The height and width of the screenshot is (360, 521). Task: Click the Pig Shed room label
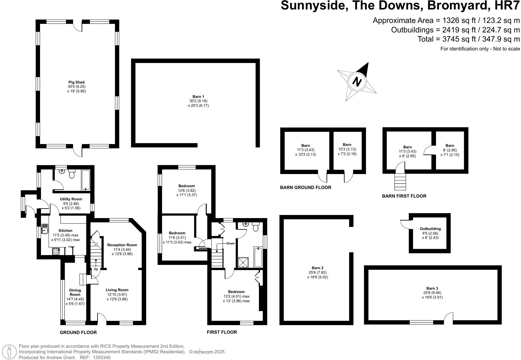coord(76,82)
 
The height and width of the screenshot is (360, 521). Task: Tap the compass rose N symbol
coord(357,81)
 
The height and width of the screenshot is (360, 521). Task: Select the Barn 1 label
coord(198,97)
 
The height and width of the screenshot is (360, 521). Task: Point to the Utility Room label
coord(71,199)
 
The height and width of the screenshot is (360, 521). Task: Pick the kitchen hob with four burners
coord(56,251)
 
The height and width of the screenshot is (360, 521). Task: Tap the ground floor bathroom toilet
coord(72,174)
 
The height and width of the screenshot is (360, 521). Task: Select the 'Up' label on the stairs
coord(96,269)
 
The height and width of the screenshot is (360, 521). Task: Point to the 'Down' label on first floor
coord(231,243)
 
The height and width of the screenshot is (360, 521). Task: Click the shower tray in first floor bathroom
coord(244,262)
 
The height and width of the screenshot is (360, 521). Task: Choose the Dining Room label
coord(75,292)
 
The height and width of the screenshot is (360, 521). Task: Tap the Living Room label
coord(117,290)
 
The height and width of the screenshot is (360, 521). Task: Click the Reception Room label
coord(122,245)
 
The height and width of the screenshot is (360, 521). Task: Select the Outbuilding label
coord(430,229)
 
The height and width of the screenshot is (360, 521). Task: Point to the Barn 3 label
coord(432,288)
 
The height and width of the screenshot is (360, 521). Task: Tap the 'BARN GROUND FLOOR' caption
coord(305,187)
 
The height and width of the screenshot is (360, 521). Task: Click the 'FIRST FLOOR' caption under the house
coord(222,332)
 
